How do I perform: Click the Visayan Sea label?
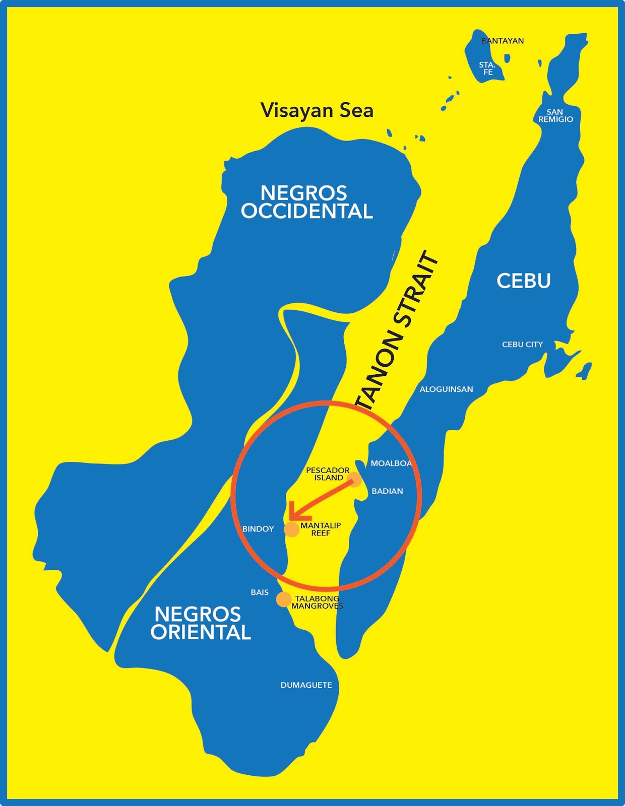[x=317, y=110]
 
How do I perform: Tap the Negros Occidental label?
[x=306, y=202]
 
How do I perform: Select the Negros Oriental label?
[x=201, y=623]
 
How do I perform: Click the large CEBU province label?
[x=524, y=281]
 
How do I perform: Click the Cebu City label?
[x=522, y=345]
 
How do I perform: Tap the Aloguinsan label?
[x=446, y=389]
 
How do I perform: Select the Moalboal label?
[x=391, y=463]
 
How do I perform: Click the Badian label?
[x=387, y=491]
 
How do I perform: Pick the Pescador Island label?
[x=328, y=474]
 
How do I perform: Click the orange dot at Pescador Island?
[x=355, y=480]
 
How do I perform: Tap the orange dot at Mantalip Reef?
[x=292, y=529]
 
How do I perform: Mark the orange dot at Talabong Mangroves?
[x=284, y=599]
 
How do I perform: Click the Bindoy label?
[x=258, y=529]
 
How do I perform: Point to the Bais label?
[x=260, y=592]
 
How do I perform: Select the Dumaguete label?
[x=306, y=685]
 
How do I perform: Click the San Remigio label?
[x=555, y=116]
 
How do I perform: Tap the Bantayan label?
[x=503, y=41]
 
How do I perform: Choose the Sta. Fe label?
[x=487, y=69]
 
